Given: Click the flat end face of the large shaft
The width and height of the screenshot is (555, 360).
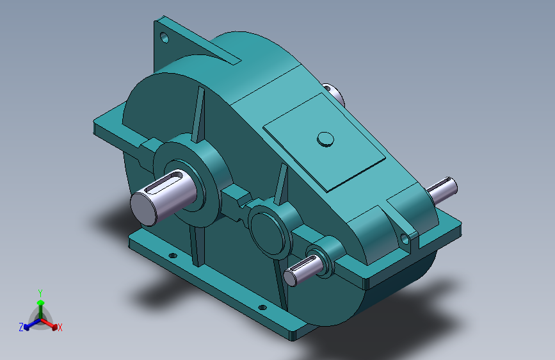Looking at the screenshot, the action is pos(144,209).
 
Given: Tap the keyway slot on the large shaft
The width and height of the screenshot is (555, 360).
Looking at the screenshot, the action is pos(163,181).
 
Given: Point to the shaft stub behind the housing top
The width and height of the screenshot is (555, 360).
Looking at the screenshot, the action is pos(334,93).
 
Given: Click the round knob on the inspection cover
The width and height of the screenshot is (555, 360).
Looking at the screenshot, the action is pos(325,139).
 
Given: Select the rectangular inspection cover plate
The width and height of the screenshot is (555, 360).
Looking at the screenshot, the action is pos(324,142).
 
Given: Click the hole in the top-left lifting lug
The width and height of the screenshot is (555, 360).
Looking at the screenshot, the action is pos(165,38).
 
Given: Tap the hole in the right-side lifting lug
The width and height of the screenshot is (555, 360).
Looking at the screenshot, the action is pos(405,240).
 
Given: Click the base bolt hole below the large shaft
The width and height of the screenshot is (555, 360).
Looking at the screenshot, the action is pos(173,256).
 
